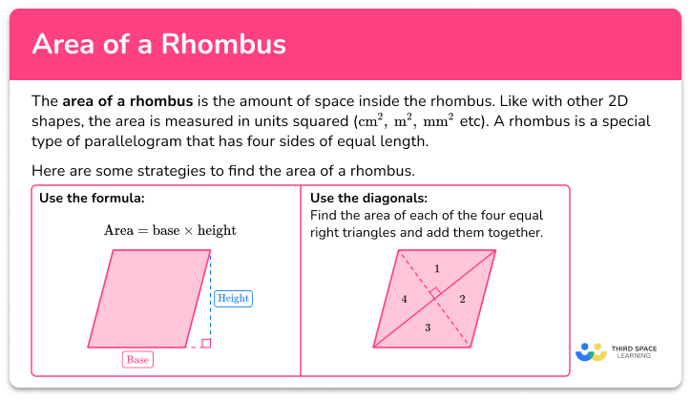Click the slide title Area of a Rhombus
[159, 46]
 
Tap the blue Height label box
[232, 298]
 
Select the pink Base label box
[137, 359]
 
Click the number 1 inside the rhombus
[437, 268]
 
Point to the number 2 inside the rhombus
[462, 300]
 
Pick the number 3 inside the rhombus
[428, 328]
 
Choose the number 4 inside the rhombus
[404, 300]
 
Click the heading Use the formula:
[92, 199]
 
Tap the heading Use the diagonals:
[366, 199]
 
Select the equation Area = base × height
[169, 230]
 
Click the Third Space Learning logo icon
[592, 352]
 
